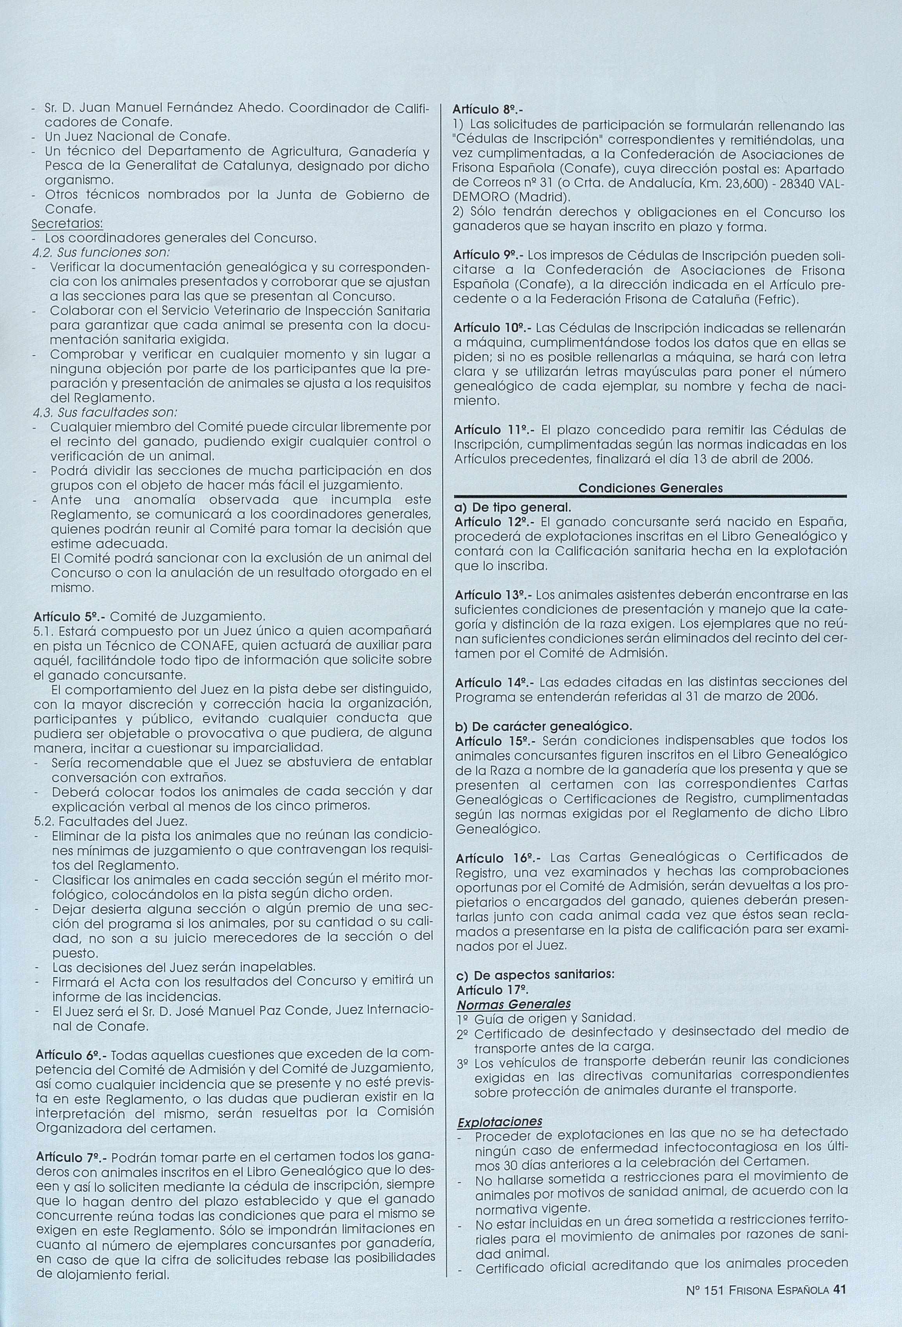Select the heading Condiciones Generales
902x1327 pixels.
pyautogui.click(x=650, y=488)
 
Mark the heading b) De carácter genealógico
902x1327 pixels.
pyautogui.click(x=543, y=727)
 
